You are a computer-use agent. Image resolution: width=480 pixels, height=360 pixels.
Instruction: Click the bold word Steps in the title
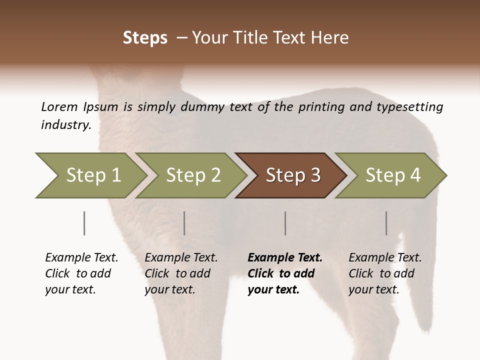(x=145, y=38)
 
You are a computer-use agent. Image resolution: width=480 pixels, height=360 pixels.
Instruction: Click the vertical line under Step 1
(x=84, y=223)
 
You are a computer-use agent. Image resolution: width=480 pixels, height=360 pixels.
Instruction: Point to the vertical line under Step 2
(x=184, y=223)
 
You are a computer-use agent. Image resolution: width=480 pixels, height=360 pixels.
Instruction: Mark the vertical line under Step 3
(x=285, y=223)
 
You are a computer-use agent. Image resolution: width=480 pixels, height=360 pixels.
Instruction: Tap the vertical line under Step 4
(x=386, y=223)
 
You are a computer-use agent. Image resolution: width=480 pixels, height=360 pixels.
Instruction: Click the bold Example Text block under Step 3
(x=285, y=273)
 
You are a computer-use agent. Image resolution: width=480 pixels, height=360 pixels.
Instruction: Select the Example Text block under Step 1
(x=81, y=273)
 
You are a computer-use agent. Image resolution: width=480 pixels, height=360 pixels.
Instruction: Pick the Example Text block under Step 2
(x=181, y=273)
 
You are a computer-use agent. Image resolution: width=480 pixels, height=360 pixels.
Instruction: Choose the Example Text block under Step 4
(x=385, y=273)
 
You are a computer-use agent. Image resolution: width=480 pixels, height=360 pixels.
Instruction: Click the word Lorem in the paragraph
(x=59, y=107)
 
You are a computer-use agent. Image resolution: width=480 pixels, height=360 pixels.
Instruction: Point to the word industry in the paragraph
(x=65, y=125)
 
